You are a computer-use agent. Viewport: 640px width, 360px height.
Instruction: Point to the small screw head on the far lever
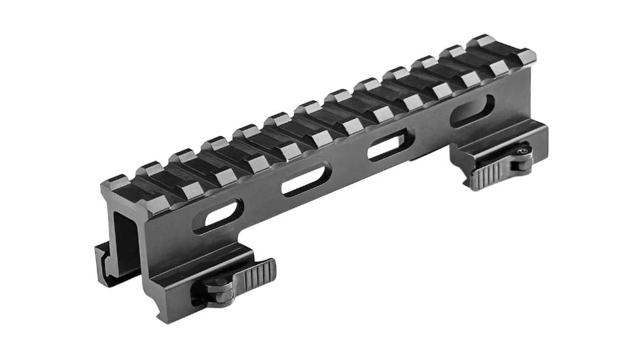point(522,153)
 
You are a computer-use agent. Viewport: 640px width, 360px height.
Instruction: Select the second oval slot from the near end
point(306,180)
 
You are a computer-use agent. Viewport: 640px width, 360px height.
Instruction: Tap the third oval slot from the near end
point(391,145)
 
